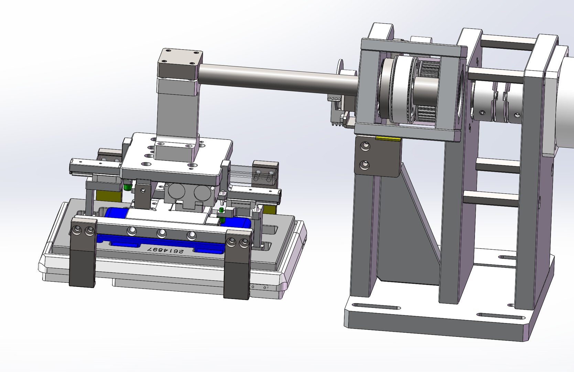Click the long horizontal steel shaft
click(275, 78)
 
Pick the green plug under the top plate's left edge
click(127, 187)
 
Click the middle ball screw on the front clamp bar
click(160, 234)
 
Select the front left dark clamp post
click(82, 255)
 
